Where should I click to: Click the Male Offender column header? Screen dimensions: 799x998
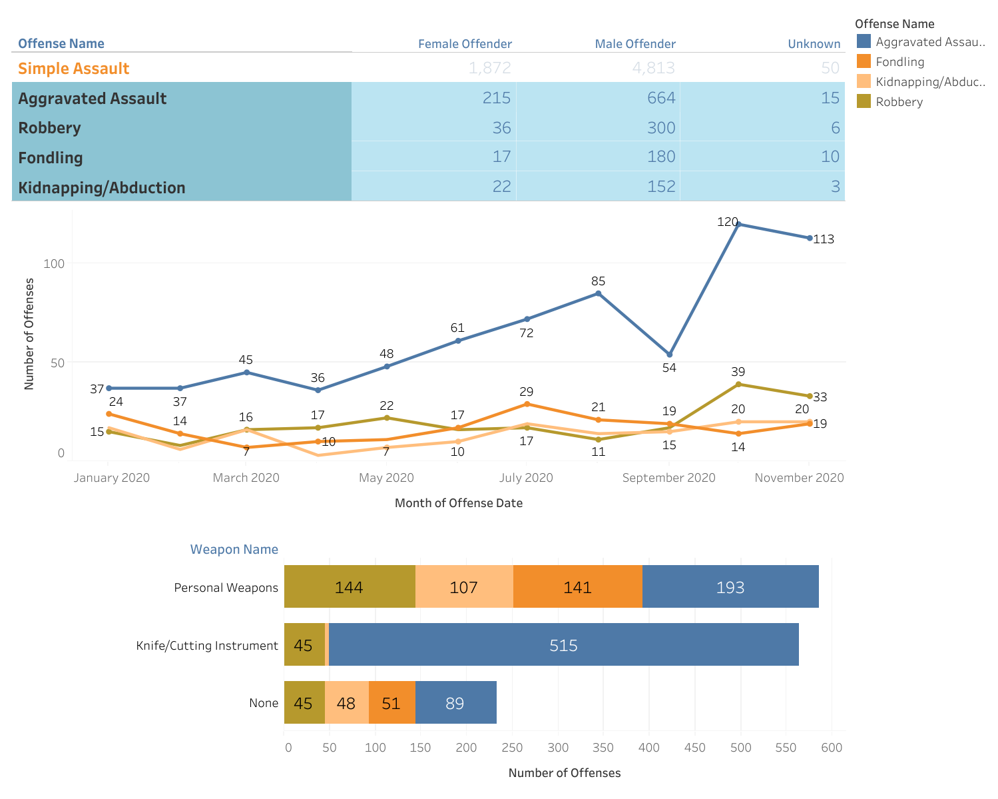[634, 44]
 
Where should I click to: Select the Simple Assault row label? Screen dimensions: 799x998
[73, 69]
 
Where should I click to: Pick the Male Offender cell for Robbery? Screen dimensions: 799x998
[660, 127]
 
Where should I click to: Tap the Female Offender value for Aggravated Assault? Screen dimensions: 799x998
[496, 98]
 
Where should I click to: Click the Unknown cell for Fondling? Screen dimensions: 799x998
[830, 157]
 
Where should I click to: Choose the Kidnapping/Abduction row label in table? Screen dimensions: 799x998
[101, 187]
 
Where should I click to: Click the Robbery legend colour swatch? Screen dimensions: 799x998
[864, 101]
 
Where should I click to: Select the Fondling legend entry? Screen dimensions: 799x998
[899, 62]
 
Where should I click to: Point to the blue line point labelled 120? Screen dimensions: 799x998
[738, 224]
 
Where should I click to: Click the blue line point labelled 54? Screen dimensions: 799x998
[670, 355]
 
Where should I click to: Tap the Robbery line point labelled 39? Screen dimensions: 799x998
[738, 385]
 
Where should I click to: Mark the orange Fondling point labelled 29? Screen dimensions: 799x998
[527, 404]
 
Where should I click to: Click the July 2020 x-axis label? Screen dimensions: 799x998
[526, 478]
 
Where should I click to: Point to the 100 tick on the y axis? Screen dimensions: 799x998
[55, 263]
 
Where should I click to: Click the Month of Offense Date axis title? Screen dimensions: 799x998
[458, 503]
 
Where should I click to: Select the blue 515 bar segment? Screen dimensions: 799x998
[563, 644]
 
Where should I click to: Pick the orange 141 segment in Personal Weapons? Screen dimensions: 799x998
[577, 586]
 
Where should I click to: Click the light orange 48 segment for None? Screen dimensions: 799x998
[346, 702]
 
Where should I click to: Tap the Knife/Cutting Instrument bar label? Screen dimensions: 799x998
[206, 645]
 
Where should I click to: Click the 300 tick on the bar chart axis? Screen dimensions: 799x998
[558, 748]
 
